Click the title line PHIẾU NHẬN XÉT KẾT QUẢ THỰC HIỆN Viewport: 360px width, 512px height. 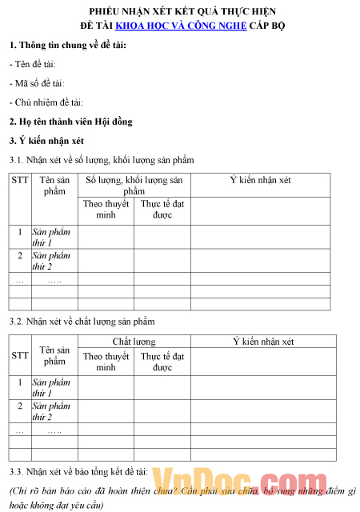pos(180,11)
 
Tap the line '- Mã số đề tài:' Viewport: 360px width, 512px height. pos(36,82)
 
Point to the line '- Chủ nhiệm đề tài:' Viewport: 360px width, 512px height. pos(46,102)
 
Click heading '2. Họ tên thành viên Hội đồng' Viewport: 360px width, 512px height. pos(70,122)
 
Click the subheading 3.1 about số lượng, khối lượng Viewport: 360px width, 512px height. pos(101,160)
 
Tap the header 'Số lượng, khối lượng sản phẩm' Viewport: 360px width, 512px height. pos(134,186)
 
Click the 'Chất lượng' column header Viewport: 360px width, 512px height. pos(134,342)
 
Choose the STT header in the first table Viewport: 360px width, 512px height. pos(20,181)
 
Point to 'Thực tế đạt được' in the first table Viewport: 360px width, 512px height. pos(162,209)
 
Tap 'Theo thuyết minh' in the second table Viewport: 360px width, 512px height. pos(106,362)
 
